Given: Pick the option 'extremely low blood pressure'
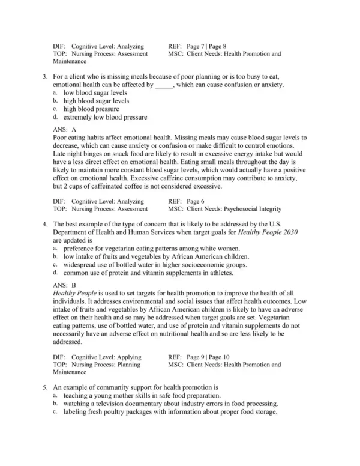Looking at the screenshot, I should coord(105,117).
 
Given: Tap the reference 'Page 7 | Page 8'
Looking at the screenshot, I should coord(206,46).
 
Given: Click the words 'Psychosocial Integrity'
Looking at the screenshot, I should coord(251,208).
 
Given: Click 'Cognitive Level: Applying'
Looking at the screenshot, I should coord(107,356).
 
